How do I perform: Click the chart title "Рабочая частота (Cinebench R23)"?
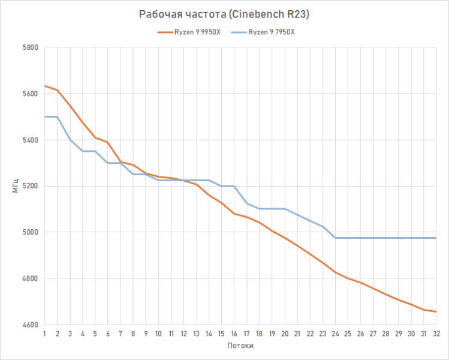point(224,14)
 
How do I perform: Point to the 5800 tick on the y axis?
point(30,47)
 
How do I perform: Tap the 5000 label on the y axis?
point(30,232)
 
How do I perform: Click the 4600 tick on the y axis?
point(30,325)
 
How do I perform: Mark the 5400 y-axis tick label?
point(30,140)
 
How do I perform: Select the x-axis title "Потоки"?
point(240,346)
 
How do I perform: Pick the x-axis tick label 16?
point(234,333)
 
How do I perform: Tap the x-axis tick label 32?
point(435,333)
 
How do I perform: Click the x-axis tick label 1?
point(45,333)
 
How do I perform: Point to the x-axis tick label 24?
point(335,333)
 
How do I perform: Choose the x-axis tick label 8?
point(133,333)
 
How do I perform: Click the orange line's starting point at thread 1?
point(45,86)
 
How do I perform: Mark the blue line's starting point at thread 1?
point(45,116)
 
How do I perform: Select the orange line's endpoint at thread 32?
point(435,311)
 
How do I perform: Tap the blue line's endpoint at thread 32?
point(435,238)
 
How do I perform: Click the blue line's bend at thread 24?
point(335,238)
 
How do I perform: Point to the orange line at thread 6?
point(108,142)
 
